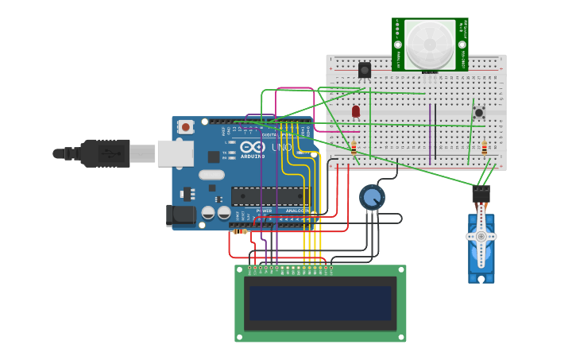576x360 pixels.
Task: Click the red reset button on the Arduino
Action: point(186,126)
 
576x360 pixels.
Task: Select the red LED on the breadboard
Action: point(356,111)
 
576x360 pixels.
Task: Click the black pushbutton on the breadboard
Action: point(479,112)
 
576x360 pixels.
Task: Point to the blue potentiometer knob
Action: point(372,196)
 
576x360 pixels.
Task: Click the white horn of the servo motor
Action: point(481,237)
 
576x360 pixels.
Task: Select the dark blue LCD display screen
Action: point(320,303)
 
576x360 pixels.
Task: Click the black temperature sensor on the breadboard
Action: point(365,70)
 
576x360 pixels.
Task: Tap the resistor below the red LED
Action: point(354,147)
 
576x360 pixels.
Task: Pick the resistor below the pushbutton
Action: point(484,148)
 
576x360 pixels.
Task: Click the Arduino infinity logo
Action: point(253,147)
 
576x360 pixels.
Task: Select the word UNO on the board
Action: point(281,147)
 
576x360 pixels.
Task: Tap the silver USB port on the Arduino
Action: point(175,153)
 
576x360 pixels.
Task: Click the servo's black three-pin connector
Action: point(481,193)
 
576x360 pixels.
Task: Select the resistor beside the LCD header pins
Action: point(240,231)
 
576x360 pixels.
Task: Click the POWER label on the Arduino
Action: point(264,211)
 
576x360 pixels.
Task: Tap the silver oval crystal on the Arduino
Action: point(211,174)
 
